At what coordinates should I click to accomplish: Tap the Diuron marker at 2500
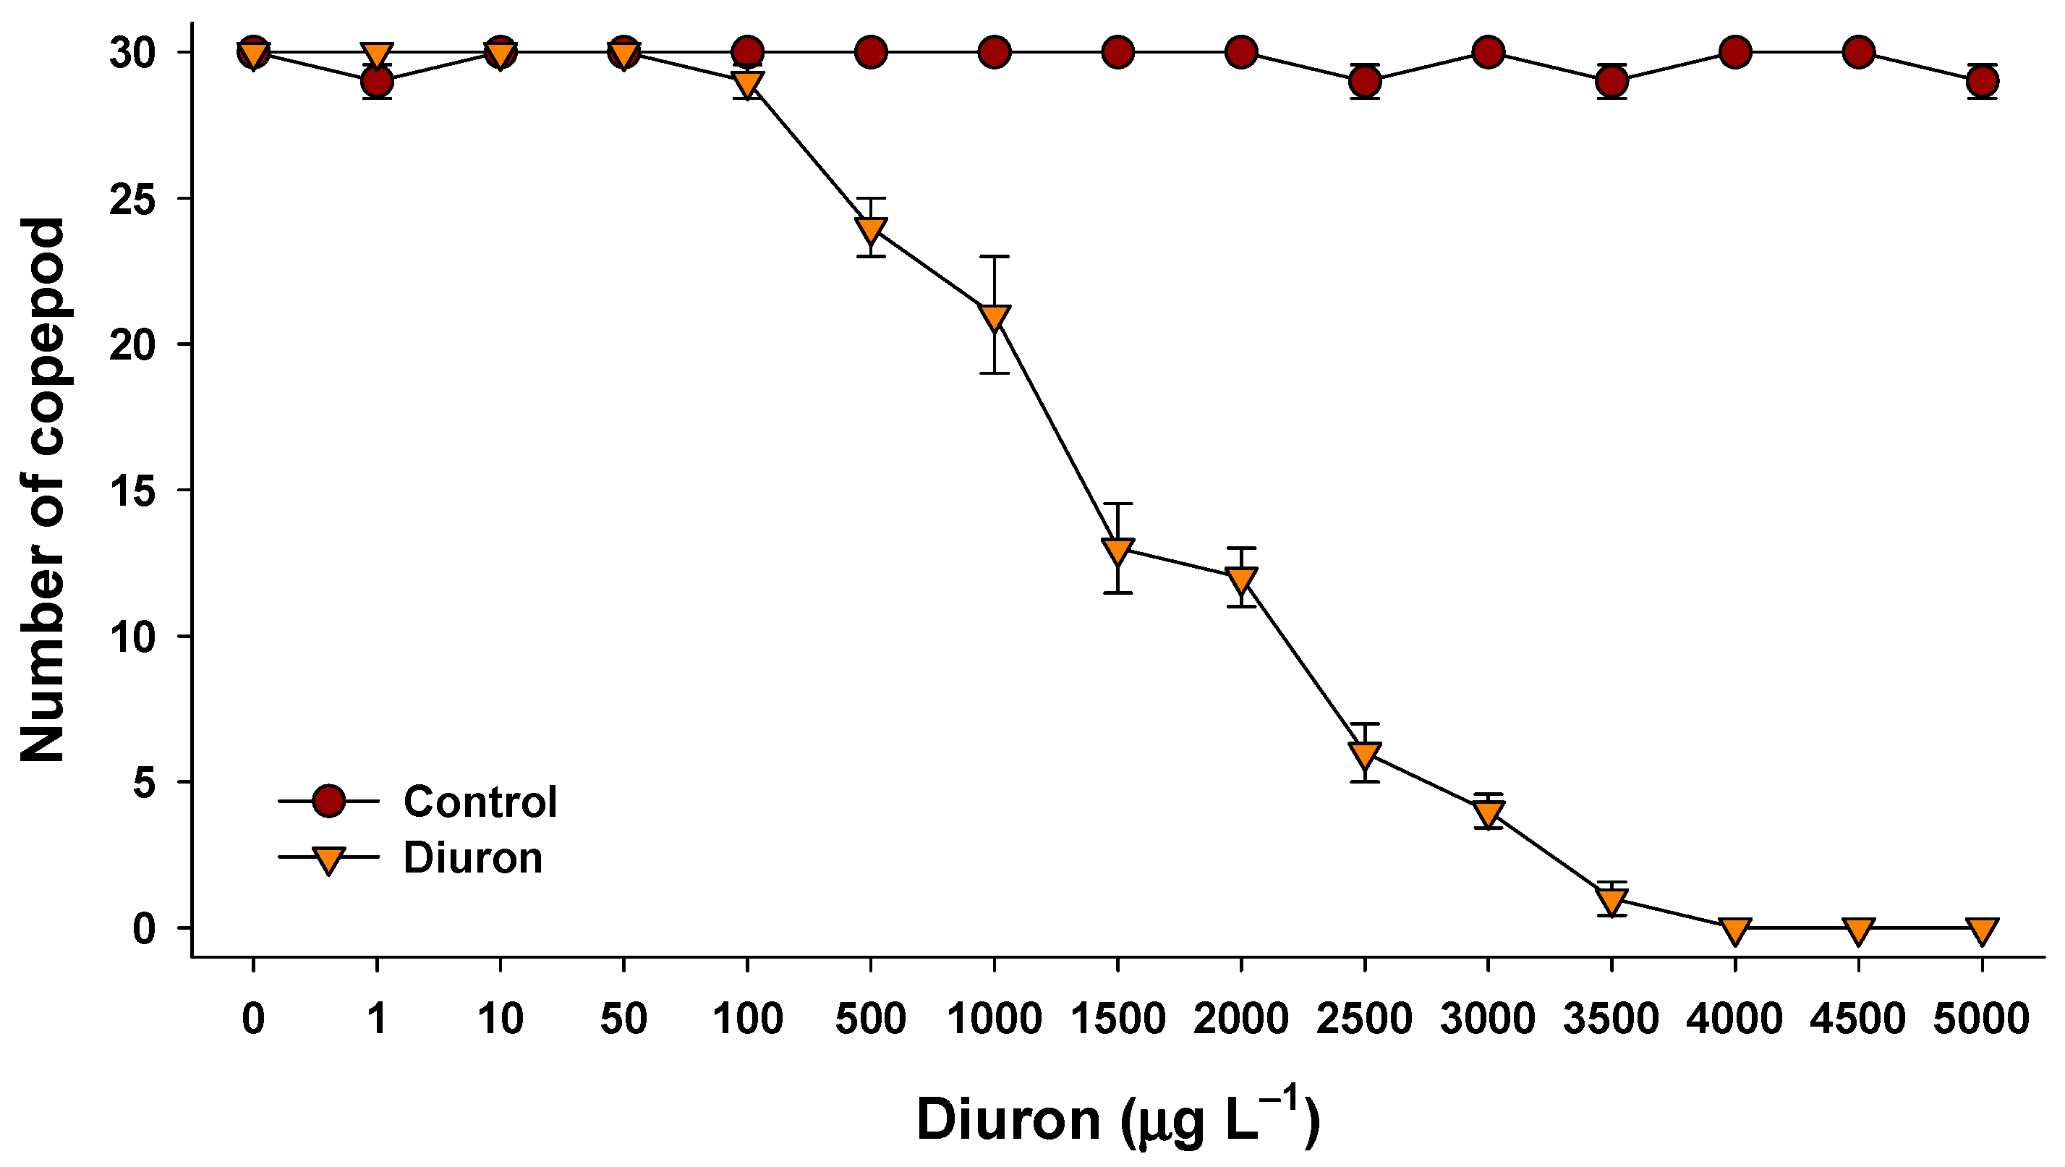coord(1364,754)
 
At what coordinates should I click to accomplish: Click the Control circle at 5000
coord(1982,81)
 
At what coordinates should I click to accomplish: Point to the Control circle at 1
coord(377,81)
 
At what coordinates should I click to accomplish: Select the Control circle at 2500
coord(1364,81)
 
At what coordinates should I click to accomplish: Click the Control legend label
coord(480,801)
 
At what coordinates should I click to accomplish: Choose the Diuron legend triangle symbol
coord(328,859)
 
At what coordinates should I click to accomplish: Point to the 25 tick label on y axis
coord(133,199)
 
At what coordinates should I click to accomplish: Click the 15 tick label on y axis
coord(133,491)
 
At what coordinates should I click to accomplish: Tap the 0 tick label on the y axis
coord(144,929)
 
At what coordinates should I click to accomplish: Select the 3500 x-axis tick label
coord(1611,1019)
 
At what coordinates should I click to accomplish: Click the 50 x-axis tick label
coord(623,1019)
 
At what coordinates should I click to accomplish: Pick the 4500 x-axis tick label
coord(1858,1019)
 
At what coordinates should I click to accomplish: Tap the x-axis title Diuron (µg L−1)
coord(1117,1119)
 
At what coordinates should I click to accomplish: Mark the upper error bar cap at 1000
coord(994,257)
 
